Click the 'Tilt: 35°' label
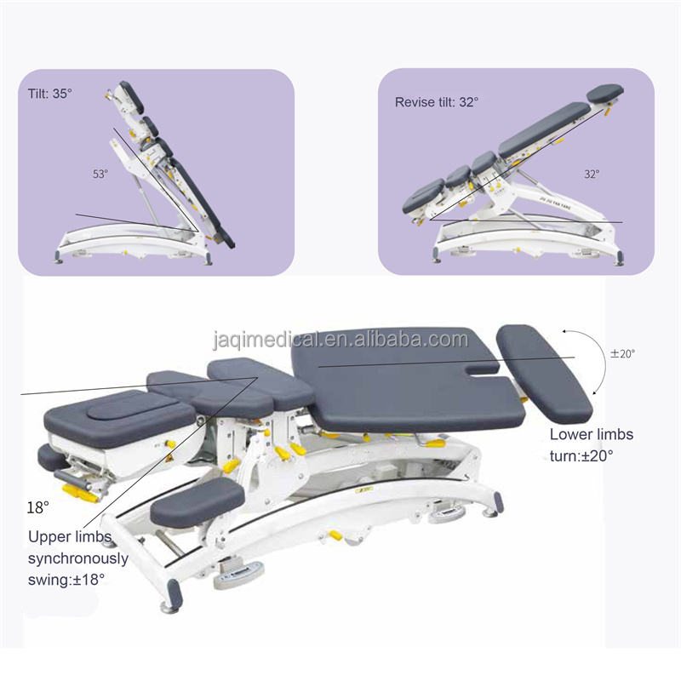tap(50, 93)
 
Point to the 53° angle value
tap(100, 174)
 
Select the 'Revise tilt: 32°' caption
tap(437, 101)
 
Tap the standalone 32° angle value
tap(591, 174)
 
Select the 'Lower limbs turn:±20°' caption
tap(591, 444)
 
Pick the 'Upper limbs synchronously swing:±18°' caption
tap(77, 558)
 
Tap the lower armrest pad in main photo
tap(195, 501)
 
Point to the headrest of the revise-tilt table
tap(604, 92)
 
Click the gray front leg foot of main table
tap(170, 596)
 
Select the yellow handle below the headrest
tap(81, 492)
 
